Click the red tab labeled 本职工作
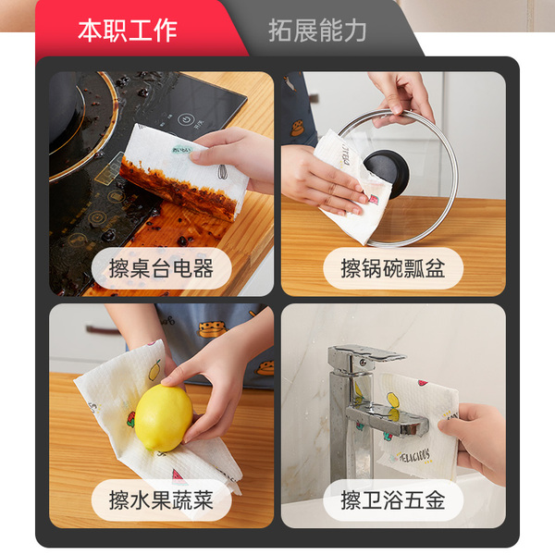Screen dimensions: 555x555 click(x=128, y=31)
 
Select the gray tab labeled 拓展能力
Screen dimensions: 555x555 click(x=317, y=31)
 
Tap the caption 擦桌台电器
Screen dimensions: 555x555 click(x=161, y=268)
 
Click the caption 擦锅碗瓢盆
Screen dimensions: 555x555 click(x=393, y=268)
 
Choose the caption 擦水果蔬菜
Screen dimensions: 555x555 click(x=161, y=500)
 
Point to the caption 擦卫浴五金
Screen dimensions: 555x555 click(x=393, y=500)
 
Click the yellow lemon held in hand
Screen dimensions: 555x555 click(x=164, y=418)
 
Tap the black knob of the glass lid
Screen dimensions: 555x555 click(x=386, y=173)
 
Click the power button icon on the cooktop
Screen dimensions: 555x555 click(x=185, y=119)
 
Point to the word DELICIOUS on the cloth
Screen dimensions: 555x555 click(x=414, y=456)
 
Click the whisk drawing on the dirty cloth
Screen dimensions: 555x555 click(x=223, y=172)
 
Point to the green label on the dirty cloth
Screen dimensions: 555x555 click(x=182, y=150)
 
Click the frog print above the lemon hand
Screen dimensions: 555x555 click(x=212, y=329)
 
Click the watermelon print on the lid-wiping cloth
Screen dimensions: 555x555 click(x=374, y=199)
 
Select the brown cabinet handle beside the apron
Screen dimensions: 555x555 click(x=103, y=330)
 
